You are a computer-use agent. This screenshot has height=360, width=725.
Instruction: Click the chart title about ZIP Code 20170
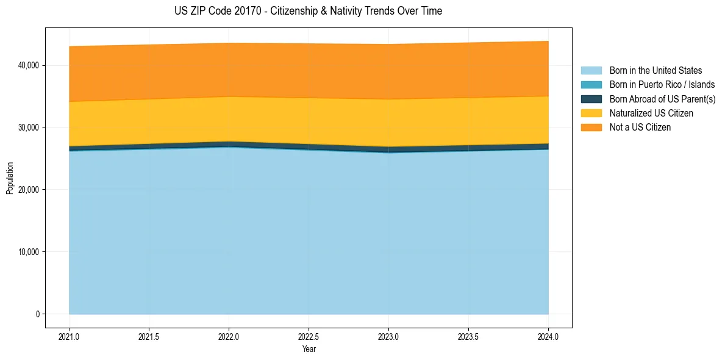pos(308,11)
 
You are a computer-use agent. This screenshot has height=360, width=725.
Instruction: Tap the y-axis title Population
pos(10,178)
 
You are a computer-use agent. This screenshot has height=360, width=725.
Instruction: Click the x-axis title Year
pos(309,349)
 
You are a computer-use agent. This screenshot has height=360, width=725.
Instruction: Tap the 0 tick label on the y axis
pos(37,314)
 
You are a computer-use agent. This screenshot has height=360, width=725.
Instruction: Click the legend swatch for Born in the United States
pos(591,71)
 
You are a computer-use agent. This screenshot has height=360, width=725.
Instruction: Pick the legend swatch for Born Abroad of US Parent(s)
pos(591,99)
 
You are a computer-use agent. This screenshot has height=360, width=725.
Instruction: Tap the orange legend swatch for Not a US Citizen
pos(591,128)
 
